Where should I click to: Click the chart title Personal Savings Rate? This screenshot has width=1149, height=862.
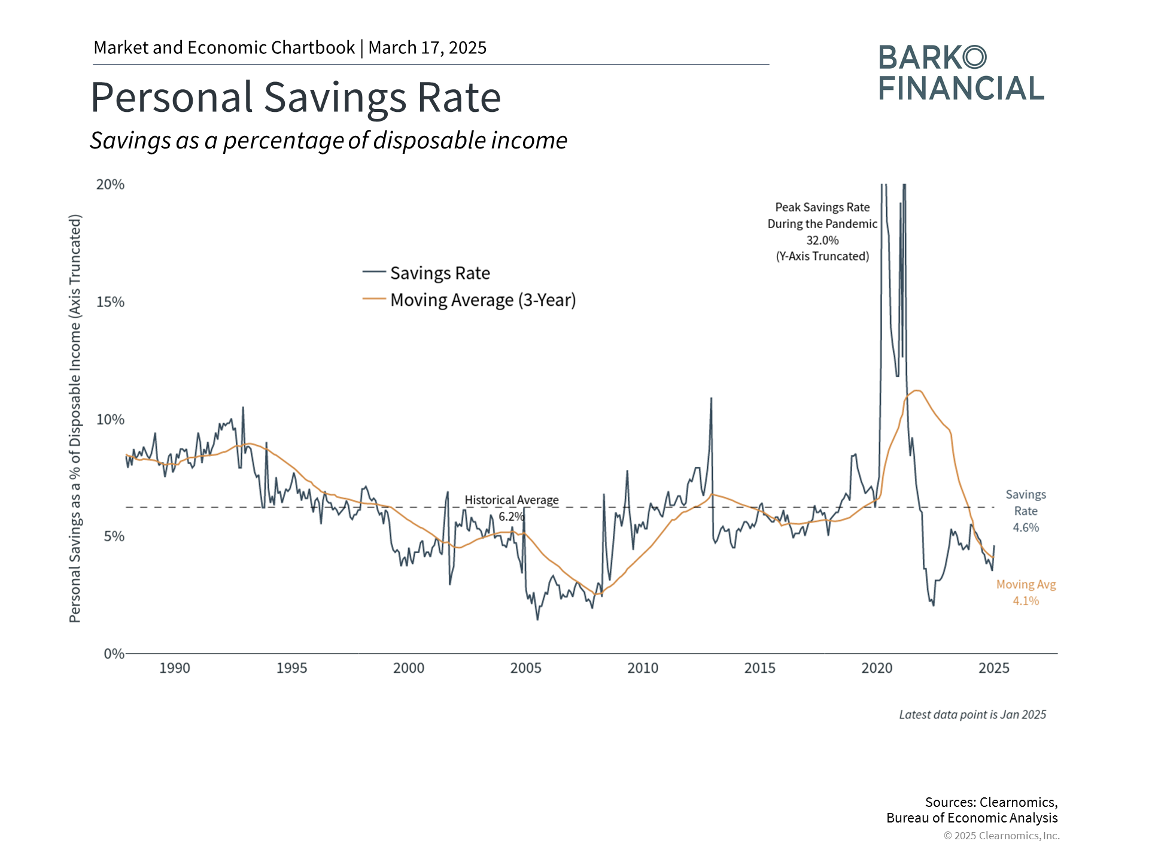tap(296, 97)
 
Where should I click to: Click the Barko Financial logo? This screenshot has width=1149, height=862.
tap(961, 73)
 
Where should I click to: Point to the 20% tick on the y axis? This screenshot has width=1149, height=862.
tap(111, 184)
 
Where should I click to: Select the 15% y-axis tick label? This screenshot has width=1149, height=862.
tap(111, 302)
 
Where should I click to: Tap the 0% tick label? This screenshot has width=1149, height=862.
tap(114, 654)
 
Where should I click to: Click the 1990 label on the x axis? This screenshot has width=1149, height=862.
tap(174, 668)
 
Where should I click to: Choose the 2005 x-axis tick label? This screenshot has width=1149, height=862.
tap(525, 668)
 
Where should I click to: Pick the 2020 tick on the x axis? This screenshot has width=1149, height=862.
tap(877, 668)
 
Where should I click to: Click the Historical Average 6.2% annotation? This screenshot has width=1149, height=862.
tap(511, 508)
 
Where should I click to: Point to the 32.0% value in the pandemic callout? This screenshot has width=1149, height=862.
tap(822, 240)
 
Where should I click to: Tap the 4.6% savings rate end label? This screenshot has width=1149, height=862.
tap(1026, 527)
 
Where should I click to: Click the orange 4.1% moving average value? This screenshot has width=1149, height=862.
tap(1026, 601)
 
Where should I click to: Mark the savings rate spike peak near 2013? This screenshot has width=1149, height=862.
tap(711, 398)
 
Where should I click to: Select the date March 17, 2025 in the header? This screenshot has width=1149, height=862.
tap(427, 48)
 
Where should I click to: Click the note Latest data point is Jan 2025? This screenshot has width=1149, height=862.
tap(972, 715)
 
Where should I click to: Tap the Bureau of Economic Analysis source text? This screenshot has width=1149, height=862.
tap(972, 818)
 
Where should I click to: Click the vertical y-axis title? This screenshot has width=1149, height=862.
tap(75, 418)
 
